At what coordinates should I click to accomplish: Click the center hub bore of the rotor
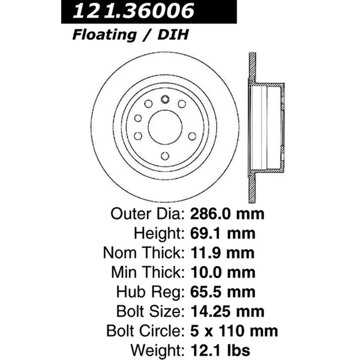click(x=164, y=127)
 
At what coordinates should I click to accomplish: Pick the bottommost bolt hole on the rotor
click(x=164, y=156)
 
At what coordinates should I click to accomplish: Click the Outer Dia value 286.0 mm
click(x=228, y=214)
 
